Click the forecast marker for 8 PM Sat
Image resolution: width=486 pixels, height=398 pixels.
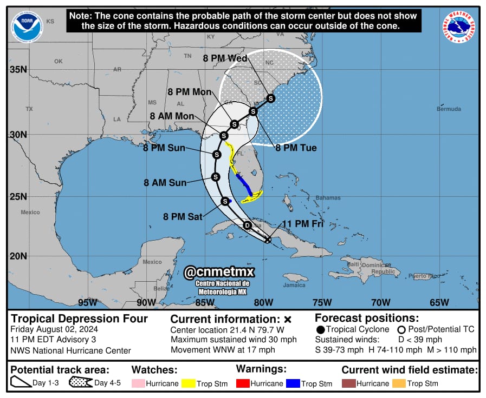[x=225, y=201]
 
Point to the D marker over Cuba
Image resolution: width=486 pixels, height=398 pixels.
[x=248, y=225]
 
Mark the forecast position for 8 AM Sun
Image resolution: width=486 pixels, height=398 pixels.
[x=216, y=177]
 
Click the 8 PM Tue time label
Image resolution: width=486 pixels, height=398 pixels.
[x=296, y=148]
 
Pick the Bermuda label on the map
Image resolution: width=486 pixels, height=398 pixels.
[x=449, y=109]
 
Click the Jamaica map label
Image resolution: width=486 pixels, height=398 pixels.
[x=294, y=285]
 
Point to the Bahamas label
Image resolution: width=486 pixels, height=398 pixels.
[x=328, y=198]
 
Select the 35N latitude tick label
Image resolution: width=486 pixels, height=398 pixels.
[x=18, y=69]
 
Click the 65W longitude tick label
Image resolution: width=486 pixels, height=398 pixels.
[x=439, y=302]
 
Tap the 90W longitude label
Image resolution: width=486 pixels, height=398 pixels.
[x=146, y=302]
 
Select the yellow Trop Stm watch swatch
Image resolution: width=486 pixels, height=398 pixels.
[x=189, y=383]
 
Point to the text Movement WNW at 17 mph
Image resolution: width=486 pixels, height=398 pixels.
[x=223, y=350]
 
